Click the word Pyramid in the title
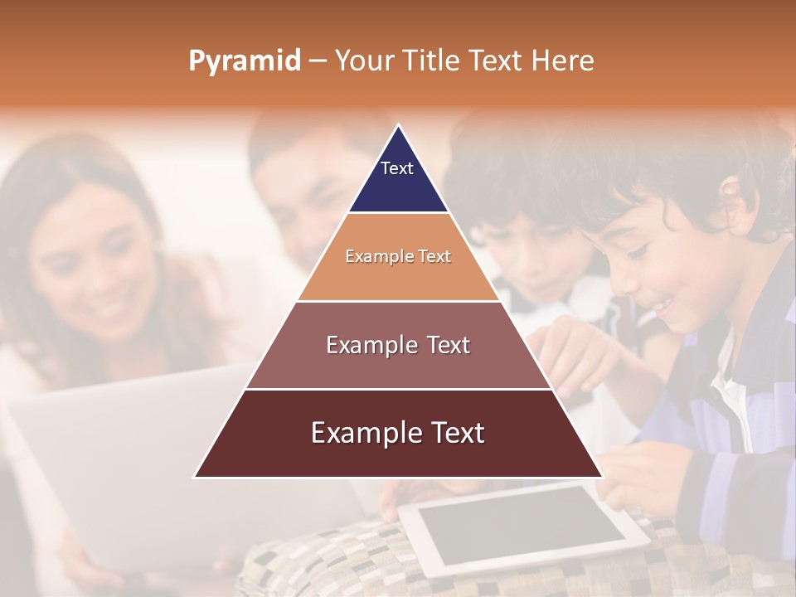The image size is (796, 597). [244, 61]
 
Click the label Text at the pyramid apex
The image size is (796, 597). [396, 168]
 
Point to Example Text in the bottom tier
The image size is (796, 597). [398, 433]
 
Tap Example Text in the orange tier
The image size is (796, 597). [398, 256]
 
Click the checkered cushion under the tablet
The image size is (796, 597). [332, 564]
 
